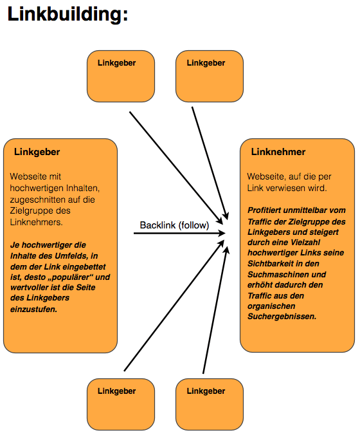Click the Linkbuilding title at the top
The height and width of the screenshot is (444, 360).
(67, 14)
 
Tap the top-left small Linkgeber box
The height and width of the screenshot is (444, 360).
(121, 76)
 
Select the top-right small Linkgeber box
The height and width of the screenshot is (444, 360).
(210, 76)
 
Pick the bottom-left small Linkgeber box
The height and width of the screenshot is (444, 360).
(121, 404)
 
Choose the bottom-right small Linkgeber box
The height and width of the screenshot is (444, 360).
(210, 404)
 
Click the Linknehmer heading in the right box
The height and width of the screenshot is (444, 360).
(278, 152)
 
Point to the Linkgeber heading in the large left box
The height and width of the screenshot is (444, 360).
(37, 152)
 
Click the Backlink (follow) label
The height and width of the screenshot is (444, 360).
(174, 225)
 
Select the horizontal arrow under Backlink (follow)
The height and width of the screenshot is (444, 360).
(179, 234)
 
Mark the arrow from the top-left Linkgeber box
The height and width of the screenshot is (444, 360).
(177, 168)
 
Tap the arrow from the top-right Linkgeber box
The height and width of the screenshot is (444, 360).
(210, 163)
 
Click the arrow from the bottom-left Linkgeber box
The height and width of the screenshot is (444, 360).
(174, 306)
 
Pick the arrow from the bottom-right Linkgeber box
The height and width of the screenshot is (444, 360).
(215, 310)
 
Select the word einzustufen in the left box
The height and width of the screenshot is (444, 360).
(33, 310)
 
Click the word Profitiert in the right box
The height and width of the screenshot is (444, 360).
(264, 210)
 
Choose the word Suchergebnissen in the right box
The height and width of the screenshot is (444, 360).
(282, 317)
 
